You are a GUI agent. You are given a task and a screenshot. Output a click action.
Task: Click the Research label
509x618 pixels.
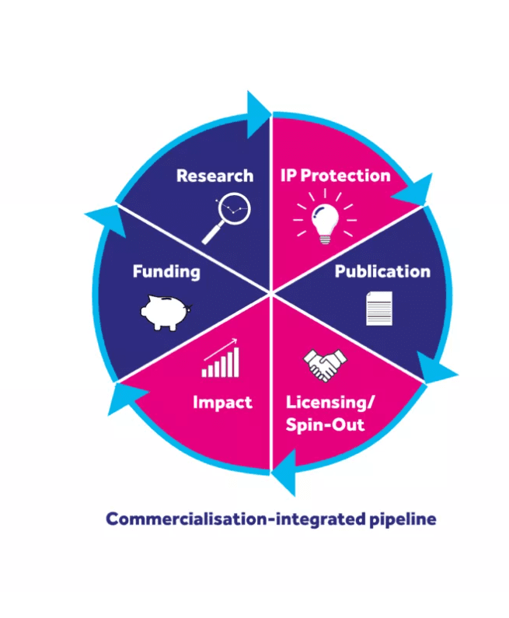(x=214, y=176)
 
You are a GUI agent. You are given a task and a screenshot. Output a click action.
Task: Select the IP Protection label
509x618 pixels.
(x=335, y=175)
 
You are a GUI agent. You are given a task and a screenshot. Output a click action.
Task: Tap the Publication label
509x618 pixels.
(x=382, y=271)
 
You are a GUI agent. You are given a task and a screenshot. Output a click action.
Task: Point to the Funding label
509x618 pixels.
(x=166, y=271)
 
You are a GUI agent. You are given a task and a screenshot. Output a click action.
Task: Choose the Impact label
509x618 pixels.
(x=222, y=403)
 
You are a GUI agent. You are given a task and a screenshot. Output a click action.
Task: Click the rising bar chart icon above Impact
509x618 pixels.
(x=221, y=359)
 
